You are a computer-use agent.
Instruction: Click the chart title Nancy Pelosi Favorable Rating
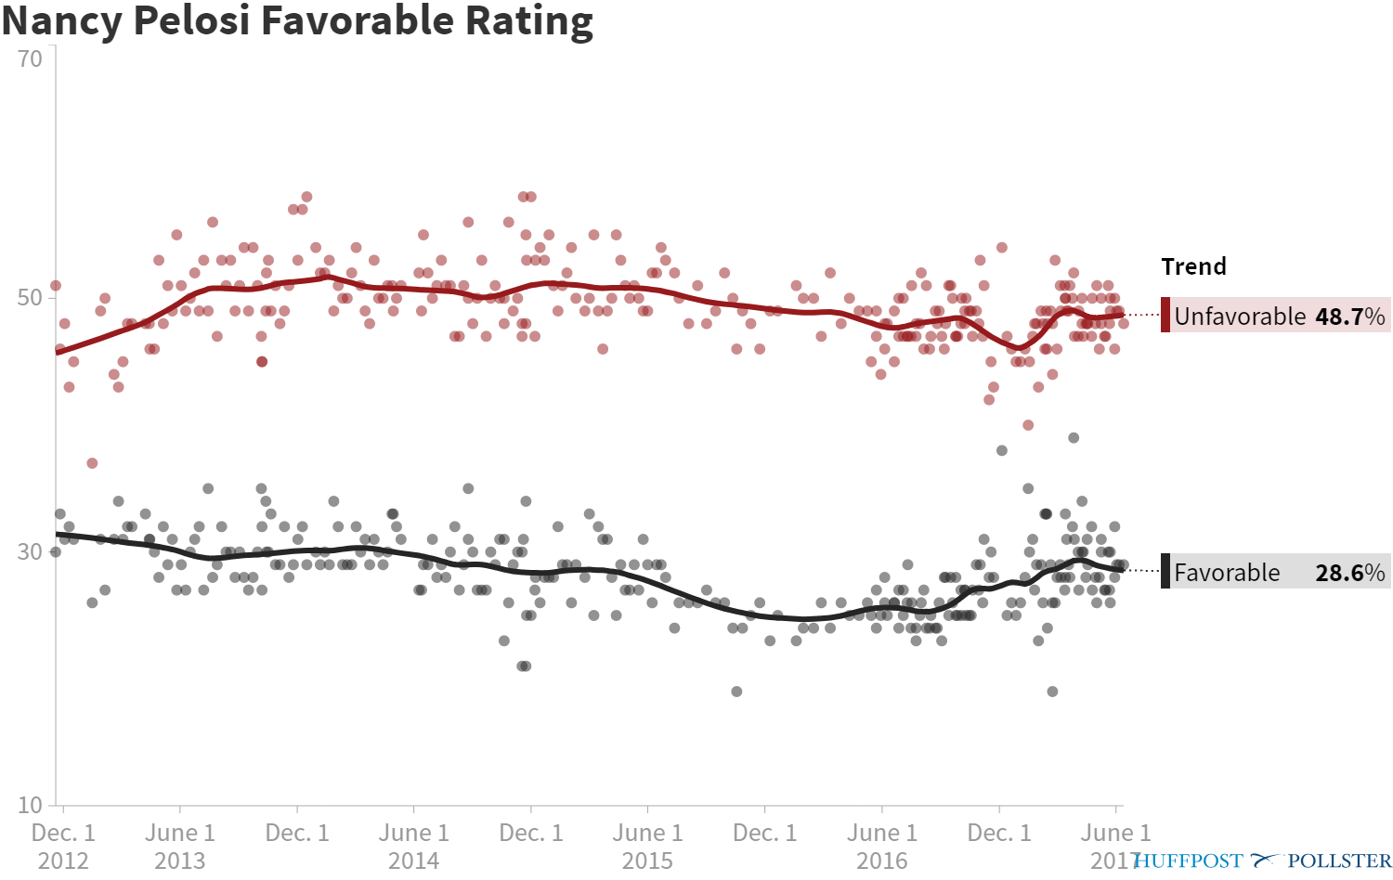[x=297, y=20]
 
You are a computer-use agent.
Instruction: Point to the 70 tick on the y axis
[x=30, y=59]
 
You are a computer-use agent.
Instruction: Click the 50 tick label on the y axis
[x=30, y=297]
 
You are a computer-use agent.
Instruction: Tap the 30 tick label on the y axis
[x=30, y=551]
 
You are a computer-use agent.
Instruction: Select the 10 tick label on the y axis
[x=30, y=805]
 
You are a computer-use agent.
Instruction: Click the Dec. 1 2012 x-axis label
[x=63, y=846]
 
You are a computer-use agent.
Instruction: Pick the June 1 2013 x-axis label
[x=179, y=846]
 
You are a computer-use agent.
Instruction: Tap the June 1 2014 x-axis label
[x=413, y=846]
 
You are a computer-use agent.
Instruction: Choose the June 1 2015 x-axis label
[x=647, y=846]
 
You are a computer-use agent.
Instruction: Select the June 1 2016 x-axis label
[x=881, y=846]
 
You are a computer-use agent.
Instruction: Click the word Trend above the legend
[x=1193, y=266]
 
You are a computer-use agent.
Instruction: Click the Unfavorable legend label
[x=1240, y=317]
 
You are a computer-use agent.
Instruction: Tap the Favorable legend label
[x=1227, y=573]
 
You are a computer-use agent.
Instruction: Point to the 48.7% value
[x=1350, y=317]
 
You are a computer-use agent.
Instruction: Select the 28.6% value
[x=1350, y=573]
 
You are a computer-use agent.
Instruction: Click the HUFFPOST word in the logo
[x=1188, y=861]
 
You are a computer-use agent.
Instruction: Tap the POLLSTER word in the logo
[x=1339, y=861]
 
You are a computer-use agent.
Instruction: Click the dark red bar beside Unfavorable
[x=1165, y=315]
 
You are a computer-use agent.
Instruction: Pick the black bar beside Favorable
[x=1165, y=571]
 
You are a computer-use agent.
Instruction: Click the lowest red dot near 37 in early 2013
[x=92, y=463]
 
